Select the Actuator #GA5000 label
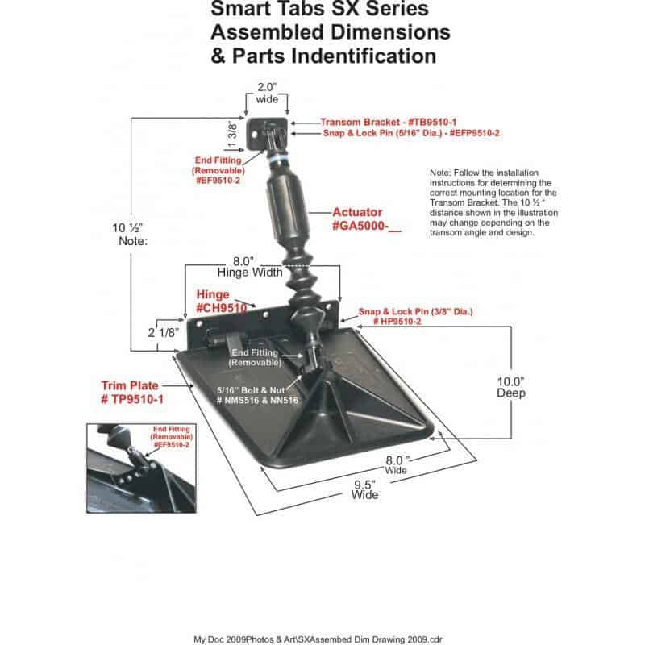coord(366,219)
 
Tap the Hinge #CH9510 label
coord(223,302)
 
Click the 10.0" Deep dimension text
coord(510,388)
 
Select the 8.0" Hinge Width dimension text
coord(239,267)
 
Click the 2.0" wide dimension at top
coord(267,93)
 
